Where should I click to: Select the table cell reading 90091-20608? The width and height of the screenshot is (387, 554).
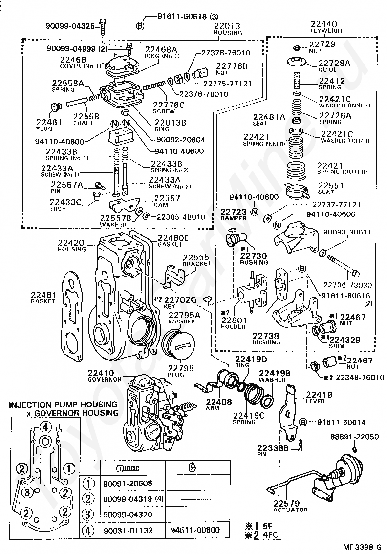click(x=125, y=484)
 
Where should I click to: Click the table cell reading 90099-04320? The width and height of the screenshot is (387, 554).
click(x=125, y=514)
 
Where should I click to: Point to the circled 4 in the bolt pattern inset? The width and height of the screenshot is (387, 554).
click(x=45, y=426)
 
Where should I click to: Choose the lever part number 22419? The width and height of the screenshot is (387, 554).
click(x=319, y=395)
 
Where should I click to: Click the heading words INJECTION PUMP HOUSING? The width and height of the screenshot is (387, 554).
click(x=63, y=405)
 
